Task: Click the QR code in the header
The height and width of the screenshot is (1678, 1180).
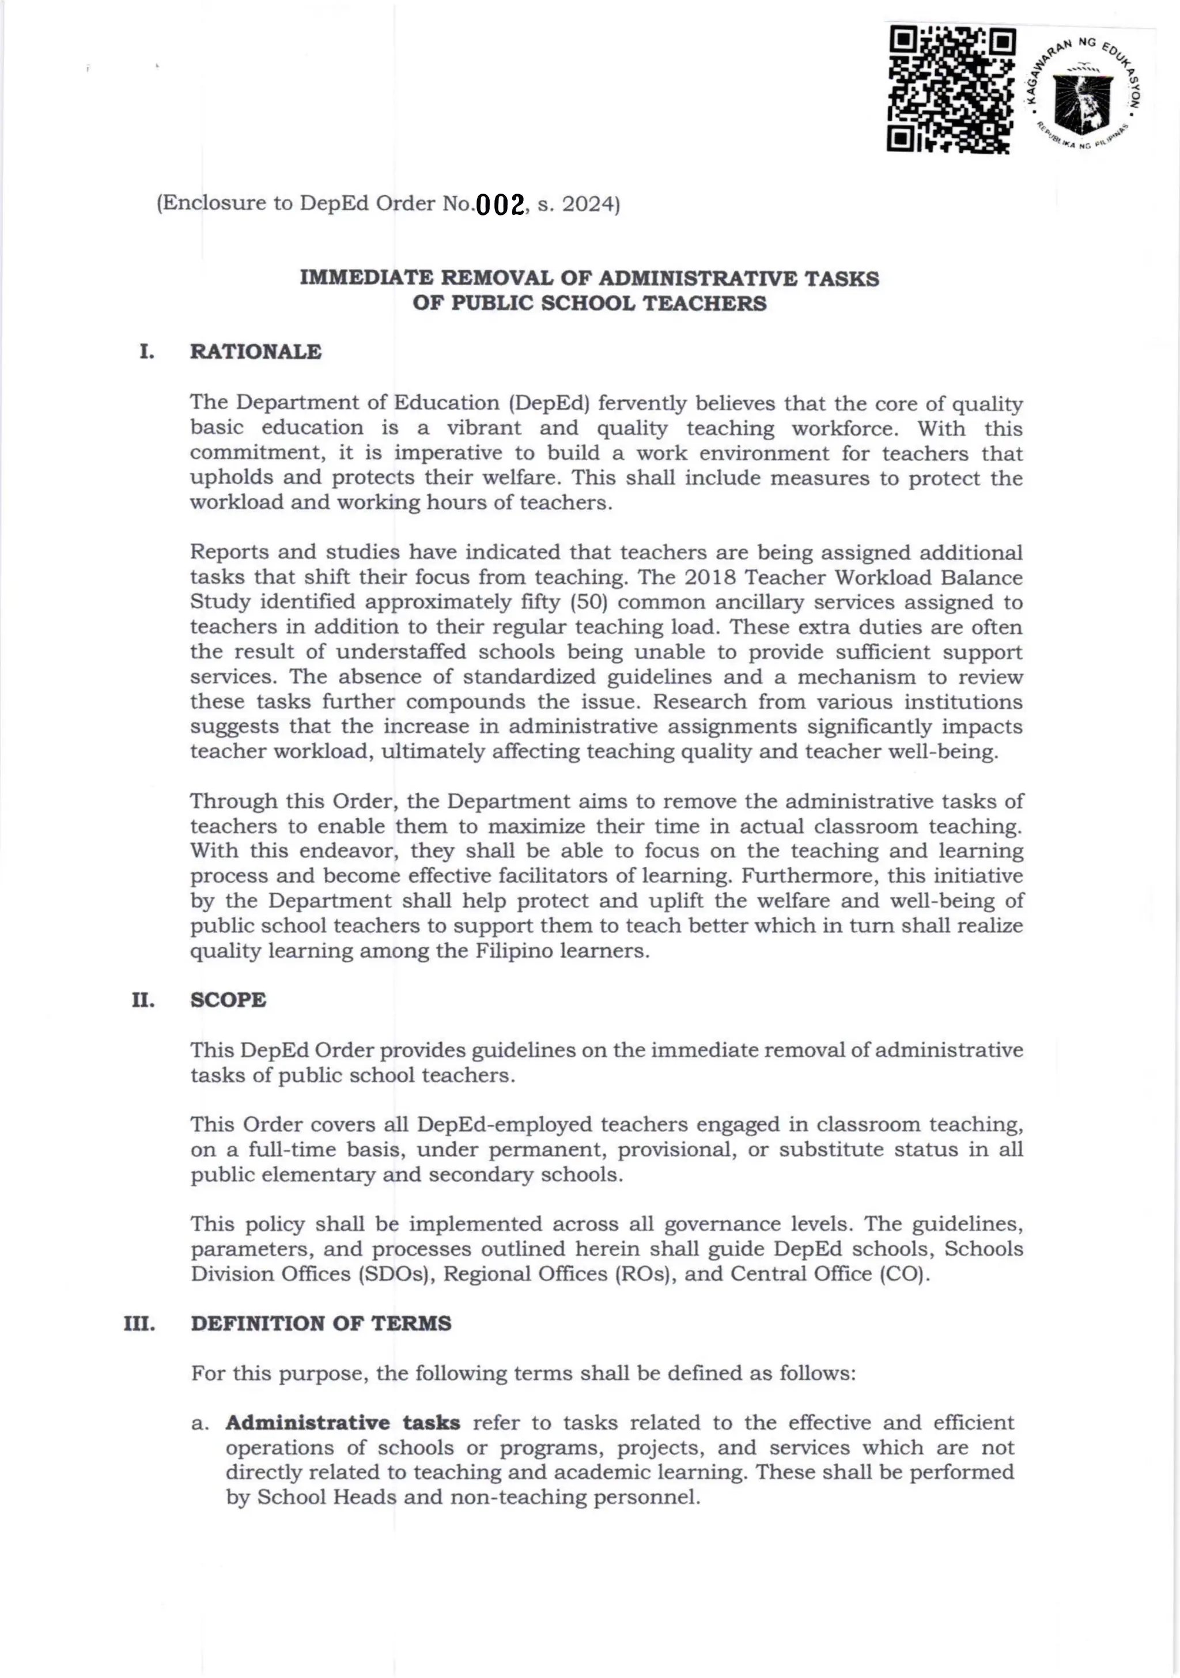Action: (951, 90)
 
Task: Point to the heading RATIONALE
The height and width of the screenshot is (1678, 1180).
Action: (256, 352)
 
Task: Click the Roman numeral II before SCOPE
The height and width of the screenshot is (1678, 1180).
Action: (143, 1000)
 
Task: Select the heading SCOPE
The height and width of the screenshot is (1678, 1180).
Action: (228, 1000)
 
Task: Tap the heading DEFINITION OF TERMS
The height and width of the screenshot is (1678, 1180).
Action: (321, 1324)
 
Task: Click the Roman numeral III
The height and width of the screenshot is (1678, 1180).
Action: (139, 1324)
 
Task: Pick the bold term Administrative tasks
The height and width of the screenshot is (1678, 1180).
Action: (343, 1423)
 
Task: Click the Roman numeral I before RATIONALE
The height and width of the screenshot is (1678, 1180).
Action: (146, 352)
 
